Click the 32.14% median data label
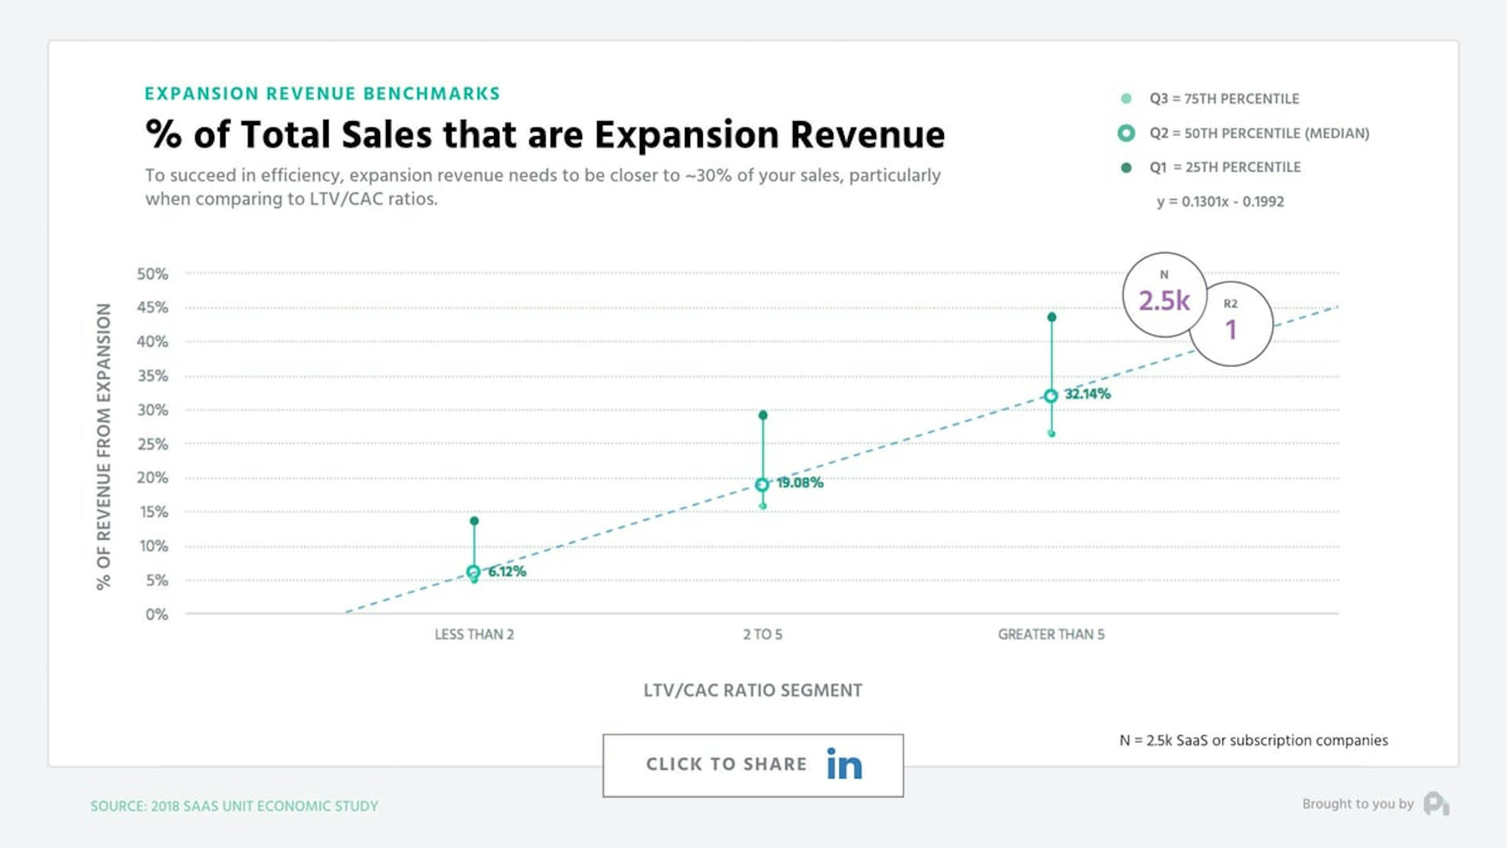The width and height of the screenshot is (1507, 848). [x=1087, y=394]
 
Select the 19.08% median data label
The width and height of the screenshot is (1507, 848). [x=800, y=483]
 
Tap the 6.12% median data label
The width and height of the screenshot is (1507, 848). [x=507, y=572]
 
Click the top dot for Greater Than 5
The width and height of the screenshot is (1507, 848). [x=1051, y=317]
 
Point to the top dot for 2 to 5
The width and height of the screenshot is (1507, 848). [x=762, y=415]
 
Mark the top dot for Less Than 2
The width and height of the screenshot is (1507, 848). [x=474, y=521]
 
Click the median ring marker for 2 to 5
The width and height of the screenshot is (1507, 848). [x=762, y=484]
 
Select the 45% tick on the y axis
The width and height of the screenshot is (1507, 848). [x=152, y=308]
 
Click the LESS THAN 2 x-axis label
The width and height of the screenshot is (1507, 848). [x=474, y=634]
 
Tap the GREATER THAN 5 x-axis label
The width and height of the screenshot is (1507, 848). [x=1051, y=634]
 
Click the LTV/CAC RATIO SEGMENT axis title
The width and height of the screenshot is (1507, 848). [x=752, y=691]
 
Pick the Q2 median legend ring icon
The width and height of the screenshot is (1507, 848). [x=1126, y=133]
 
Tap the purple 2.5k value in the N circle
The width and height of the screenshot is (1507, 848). [x=1164, y=301]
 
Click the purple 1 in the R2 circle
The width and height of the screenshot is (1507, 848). [x=1231, y=329]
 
